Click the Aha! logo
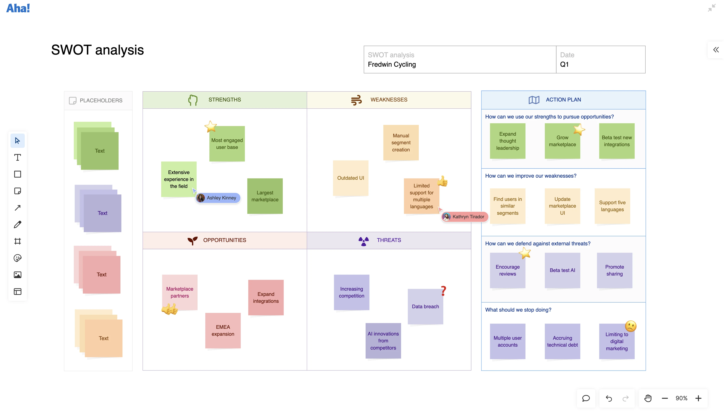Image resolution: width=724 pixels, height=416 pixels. (18, 8)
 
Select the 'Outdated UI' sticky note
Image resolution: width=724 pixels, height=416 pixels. (350, 178)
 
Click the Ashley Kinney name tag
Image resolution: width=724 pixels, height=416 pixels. (218, 198)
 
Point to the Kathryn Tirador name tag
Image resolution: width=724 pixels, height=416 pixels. (465, 217)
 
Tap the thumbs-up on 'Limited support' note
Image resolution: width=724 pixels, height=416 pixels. (442, 181)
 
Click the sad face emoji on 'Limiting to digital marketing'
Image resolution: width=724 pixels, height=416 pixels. (630, 326)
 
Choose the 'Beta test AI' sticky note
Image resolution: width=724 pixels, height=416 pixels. (562, 270)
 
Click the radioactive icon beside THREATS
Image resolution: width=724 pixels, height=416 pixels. (363, 241)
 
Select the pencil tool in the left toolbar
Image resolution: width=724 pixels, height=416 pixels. (17, 225)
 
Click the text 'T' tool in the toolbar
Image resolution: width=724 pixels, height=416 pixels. (17, 157)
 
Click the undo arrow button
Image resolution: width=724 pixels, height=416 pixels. (609, 398)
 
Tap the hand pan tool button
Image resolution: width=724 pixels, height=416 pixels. (648, 398)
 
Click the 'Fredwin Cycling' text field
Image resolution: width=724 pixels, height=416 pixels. (392, 64)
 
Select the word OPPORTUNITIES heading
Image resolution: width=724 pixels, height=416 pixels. (224, 240)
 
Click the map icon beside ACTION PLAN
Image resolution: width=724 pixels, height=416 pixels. (533, 100)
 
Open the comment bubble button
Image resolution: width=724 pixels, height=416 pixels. (586, 398)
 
